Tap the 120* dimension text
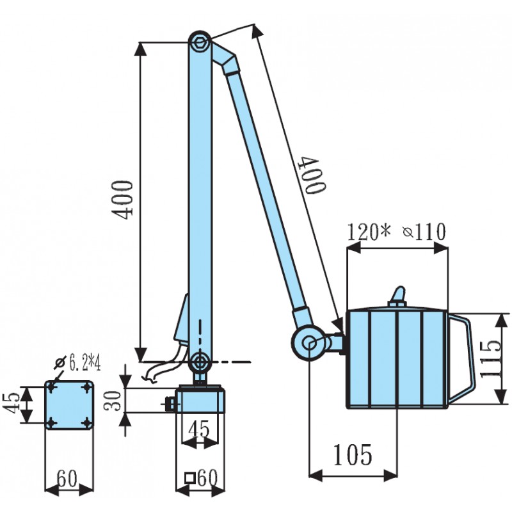click(x=368, y=232)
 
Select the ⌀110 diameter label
click(x=424, y=232)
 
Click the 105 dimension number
click(x=351, y=454)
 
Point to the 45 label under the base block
click(x=200, y=428)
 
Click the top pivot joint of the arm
click(x=200, y=42)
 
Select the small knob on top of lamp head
click(x=398, y=296)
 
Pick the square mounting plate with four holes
click(x=69, y=405)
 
